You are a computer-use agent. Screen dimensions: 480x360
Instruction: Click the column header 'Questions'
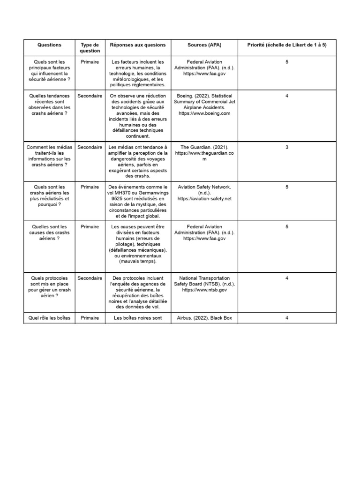pyautogui.click(x=49, y=45)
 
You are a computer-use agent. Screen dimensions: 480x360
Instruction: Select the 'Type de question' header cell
pyautogui.click(x=90, y=48)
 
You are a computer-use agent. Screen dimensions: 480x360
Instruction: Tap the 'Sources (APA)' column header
pyautogui.click(x=204, y=45)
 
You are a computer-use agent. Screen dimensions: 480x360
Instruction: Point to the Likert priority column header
pyautogui.click(x=286, y=45)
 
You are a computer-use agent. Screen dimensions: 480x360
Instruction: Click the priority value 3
pyautogui.click(x=286, y=147)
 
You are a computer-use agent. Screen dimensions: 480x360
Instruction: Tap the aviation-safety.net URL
pyautogui.click(x=204, y=199)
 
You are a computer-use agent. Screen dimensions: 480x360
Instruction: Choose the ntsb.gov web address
pyautogui.click(x=204, y=290)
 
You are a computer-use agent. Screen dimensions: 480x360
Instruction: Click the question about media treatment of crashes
pyautogui.click(x=49, y=156)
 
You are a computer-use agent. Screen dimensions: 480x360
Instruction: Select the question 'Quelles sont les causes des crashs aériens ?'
pyautogui.click(x=49, y=232)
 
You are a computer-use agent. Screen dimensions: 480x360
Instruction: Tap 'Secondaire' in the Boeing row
pyautogui.click(x=90, y=96)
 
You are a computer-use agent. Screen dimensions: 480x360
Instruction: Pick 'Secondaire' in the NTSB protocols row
pyautogui.click(x=90, y=278)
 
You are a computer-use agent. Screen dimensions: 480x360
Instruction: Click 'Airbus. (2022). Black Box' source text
pyautogui.click(x=204, y=318)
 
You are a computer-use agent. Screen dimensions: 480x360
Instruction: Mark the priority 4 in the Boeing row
pyautogui.click(x=286, y=96)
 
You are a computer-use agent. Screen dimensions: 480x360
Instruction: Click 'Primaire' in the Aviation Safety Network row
pyautogui.click(x=90, y=187)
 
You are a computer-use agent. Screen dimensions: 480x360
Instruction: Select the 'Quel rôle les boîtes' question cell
pyautogui.click(x=49, y=318)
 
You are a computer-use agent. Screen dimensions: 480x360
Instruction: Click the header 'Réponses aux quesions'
pyautogui.click(x=138, y=45)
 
